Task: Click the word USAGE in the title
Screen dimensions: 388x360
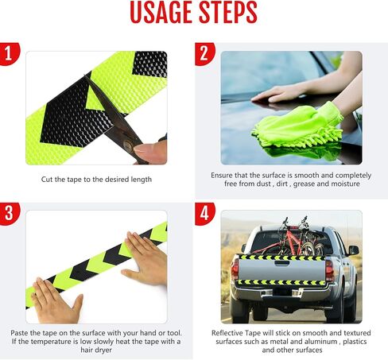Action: [161, 13]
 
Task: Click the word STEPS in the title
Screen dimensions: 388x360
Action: [228, 13]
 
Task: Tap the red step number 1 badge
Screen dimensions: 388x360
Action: [9, 53]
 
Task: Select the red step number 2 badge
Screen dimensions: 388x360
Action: [204, 53]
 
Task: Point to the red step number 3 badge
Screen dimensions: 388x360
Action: [9, 214]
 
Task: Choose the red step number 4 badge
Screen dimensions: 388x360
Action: [204, 214]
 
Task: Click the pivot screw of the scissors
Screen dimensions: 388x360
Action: [129, 145]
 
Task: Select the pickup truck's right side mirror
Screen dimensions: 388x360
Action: [354, 250]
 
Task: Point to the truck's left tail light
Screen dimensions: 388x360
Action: [235, 269]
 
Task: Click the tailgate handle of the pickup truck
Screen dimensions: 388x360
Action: [281, 263]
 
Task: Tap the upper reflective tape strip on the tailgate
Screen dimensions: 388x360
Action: [282, 257]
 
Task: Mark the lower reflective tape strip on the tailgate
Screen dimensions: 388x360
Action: [281, 282]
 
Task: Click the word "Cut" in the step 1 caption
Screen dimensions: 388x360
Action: [47, 180]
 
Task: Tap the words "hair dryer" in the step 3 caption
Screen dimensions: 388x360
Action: [96, 350]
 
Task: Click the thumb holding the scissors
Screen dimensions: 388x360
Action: [149, 151]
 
